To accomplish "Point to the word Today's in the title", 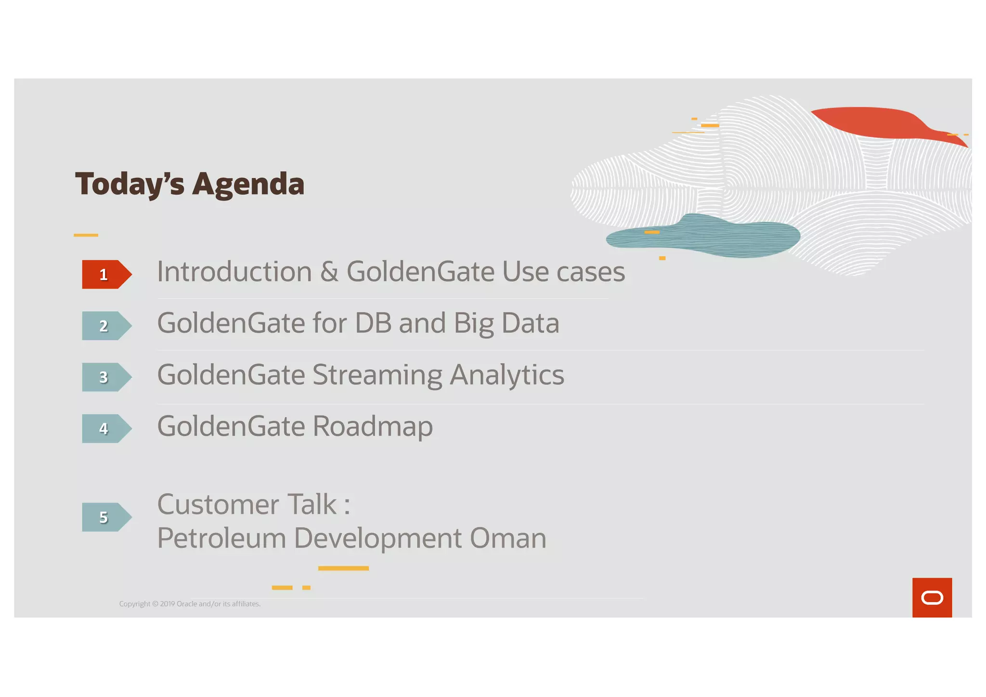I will click(130, 184).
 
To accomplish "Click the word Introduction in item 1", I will click(234, 272).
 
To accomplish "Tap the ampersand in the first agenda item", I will click(329, 272).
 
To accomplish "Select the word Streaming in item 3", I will click(377, 375).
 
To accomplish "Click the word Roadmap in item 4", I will click(373, 426).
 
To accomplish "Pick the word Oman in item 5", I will click(508, 538).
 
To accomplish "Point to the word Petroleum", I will click(221, 538).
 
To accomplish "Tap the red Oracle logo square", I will click(932, 597).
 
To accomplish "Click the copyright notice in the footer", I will click(190, 604).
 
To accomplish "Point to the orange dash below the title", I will click(86, 235).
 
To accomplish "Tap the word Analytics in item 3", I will click(506, 375).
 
